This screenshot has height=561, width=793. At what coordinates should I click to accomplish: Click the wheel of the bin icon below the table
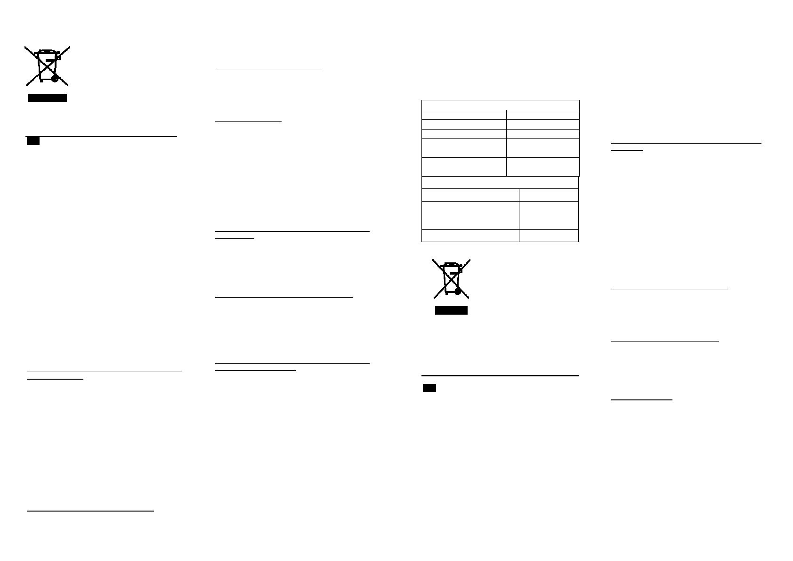458,292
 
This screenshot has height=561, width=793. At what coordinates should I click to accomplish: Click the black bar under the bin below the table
451,310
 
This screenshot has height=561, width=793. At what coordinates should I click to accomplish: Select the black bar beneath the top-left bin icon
47,98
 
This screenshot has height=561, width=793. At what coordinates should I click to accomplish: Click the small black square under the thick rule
429,388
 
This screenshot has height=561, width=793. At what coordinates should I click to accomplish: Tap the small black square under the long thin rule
33,141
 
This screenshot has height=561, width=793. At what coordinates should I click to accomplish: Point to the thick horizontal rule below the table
500,375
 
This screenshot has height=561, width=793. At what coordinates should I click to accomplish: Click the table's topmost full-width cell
500,105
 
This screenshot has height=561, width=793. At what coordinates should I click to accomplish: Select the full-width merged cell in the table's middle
500,182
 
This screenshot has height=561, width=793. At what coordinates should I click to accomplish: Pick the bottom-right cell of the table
549,236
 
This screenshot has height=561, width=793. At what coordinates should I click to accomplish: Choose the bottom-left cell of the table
470,236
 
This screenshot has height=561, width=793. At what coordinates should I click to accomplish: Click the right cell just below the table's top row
542,114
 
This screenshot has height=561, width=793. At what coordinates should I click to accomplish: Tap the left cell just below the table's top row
464,114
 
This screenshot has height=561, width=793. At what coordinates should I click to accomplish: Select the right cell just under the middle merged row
549,195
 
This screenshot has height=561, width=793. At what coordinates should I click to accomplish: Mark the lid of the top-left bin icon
46,51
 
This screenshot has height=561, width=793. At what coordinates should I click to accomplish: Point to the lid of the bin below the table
451,264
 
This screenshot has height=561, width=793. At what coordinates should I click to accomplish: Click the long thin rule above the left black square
101,136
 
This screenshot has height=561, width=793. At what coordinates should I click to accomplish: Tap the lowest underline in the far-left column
91,510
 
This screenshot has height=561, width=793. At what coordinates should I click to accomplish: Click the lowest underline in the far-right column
641,400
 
